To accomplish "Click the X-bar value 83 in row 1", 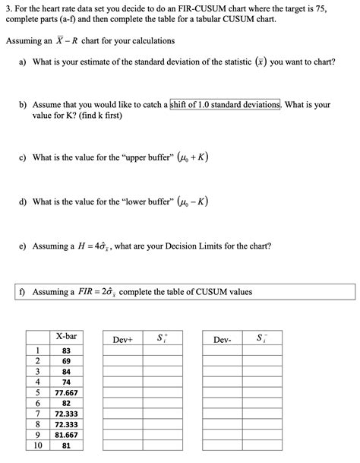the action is pyautogui.click(x=66, y=350).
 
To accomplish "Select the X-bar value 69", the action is pyautogui.click(x=66, y=361).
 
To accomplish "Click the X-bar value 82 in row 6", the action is pyautogui.click(x=66, y=404).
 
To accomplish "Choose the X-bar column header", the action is pyautogui.click(x=66, y=336).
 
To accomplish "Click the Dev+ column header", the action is pyautogui.click(x=123, y=339).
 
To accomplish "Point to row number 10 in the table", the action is pyautogui.click(x=37, y=446).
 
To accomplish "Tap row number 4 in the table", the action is pyautogui.click(x=37, y=382).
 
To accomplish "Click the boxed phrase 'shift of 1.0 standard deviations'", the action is pyautogui.click(x=226, y=104).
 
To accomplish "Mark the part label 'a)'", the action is pyautogui.click(x=24, y=61).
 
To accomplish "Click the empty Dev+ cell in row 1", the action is pyautogui.click(x=123, y=350).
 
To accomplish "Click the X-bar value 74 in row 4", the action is pyautogui.click(x=66, y=382).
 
